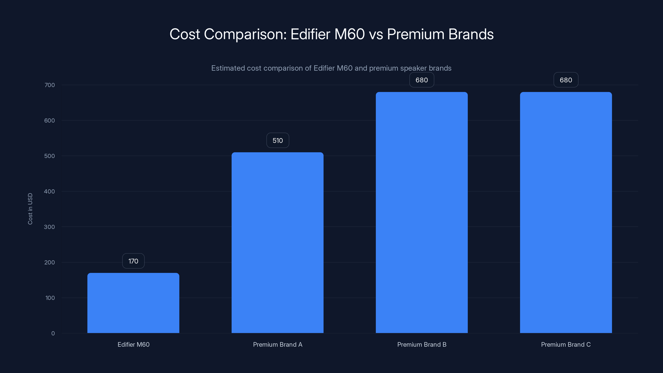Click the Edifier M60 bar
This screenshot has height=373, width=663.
click(x=133, y=303)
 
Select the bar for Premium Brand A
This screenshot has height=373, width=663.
click(x=277, y=242)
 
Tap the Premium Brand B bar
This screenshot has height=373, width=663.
click(x=422, y=212)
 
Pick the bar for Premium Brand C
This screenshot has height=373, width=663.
click(x=566, y=212)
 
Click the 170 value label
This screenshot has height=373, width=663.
click(x=133, y=261)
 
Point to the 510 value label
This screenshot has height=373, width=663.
click(x=277, y=140)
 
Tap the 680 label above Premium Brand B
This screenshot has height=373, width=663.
click(x=422, y=80)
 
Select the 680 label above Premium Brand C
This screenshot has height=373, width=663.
click(x=566, y=80)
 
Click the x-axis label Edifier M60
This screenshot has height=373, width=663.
click(x=133, y=344)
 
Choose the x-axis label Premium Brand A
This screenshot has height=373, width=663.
click(x=277, y=344)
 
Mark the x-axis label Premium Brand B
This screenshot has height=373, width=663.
click(x=422, y=344)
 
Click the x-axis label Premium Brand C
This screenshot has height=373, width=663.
click(x=566, y=344)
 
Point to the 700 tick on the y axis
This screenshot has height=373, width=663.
click(x=50, y=85)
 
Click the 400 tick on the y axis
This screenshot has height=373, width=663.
click(x=50, y=191)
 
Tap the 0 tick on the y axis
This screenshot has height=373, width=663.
click(x=53, y=333)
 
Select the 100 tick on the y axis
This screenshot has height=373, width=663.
click(x=50, y=298)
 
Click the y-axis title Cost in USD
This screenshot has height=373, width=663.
click(x=30, y=209)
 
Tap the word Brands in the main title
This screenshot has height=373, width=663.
click(x=471, y=34)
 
